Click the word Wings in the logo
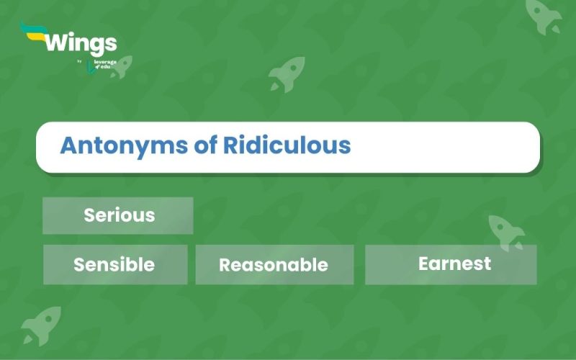[x=80, y=42]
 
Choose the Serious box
[x=118, y=215]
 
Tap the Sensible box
[x=115, y=264]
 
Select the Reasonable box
[x=274, y=264]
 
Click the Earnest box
[x=451, y=264]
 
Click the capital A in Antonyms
[x=69, y=146]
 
